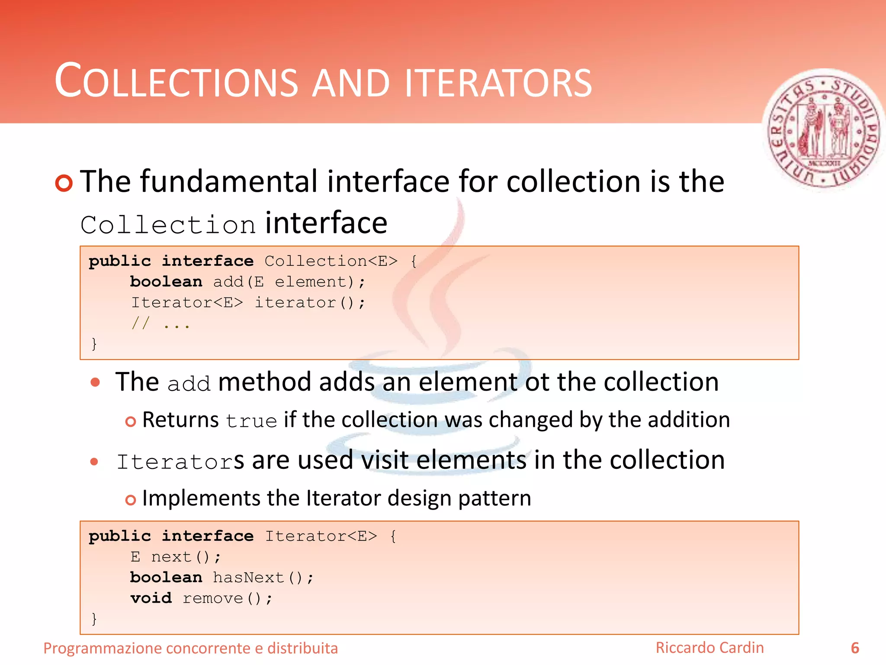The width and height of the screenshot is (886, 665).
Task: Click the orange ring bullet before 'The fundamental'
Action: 64,183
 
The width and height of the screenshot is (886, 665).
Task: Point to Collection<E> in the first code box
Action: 331,261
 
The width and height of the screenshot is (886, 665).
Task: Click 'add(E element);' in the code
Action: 289,282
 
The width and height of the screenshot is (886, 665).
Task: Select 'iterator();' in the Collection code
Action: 310,303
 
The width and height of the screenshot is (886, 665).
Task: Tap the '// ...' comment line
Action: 161,323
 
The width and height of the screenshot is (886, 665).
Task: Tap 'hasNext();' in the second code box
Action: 263,578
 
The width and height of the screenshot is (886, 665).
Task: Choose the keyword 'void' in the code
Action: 151,598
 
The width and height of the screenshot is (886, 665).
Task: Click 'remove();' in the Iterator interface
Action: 228,598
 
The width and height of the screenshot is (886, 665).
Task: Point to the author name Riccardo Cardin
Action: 709,648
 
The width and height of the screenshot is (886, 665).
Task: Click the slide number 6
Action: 855,648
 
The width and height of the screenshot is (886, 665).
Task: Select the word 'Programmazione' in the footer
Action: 103,649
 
